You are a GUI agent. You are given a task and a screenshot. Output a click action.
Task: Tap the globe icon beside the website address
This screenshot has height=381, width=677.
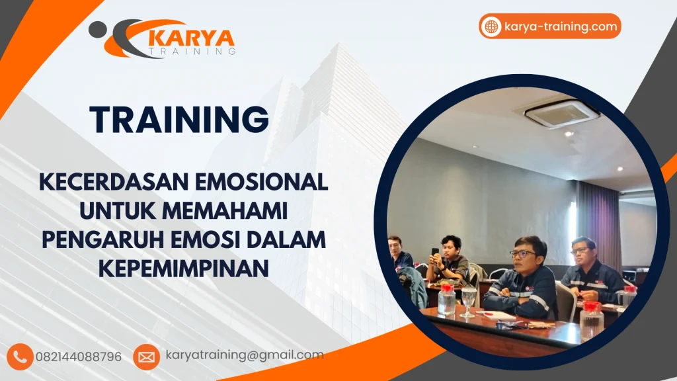click(x=491, y=26)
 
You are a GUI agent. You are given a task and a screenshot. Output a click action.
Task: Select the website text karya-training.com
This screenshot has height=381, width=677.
click(x=560, y=26)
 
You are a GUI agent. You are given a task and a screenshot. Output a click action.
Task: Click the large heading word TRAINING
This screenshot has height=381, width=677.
click(x=179, y=120)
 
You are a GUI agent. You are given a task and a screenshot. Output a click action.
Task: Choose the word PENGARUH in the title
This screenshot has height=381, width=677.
click(x=105, y=240)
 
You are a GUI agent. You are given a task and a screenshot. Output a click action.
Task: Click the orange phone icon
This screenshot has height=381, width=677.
click(x=21, y=357)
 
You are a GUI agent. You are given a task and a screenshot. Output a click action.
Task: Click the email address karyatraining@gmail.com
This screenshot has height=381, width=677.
click(x=245, y=355)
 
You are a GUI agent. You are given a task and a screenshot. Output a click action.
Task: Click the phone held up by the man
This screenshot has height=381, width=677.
click(x=435, y=252)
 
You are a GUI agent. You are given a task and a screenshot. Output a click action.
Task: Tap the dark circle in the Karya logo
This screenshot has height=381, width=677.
click(x=97, y=28)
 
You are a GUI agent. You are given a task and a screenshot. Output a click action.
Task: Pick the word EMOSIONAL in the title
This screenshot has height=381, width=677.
click(x=274, y=181)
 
